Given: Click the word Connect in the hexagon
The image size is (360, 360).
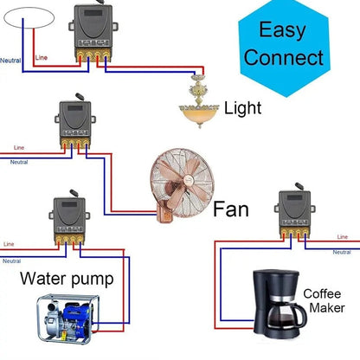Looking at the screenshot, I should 283,58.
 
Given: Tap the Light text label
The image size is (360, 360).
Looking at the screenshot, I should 242,108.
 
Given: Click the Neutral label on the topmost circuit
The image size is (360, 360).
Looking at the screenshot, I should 10,61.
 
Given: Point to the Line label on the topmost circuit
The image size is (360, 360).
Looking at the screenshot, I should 41,58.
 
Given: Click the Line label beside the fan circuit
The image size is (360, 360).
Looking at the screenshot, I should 19,148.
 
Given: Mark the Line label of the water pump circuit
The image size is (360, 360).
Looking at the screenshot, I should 10,244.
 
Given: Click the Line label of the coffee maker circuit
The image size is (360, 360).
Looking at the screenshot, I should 342,236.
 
